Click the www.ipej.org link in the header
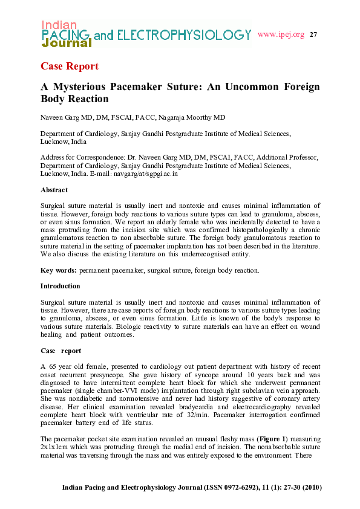pos(281,34)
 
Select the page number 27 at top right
pos(313,34)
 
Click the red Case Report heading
pos(69,66)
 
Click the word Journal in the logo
pos(67,44)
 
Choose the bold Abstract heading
pos(54,190)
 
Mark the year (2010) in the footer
pos(310,487)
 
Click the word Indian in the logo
pos(59,25)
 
